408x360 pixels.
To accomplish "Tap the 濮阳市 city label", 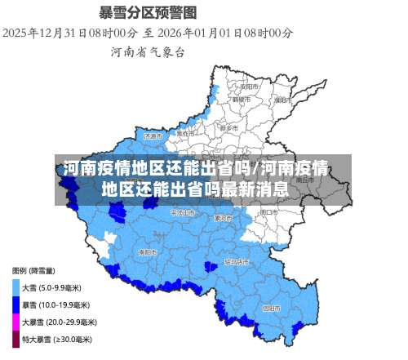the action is (x=282, y=100).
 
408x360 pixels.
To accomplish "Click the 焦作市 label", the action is (x=188, y=132).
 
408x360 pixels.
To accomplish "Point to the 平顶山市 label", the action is (x=181, y=212).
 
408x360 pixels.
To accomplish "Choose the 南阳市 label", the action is (x=148, y=252).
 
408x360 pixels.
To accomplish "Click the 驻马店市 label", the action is (x=236, y=262).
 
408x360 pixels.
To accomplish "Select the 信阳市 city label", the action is (x=271, y=309).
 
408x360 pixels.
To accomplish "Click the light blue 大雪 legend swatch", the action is (x=16, y=287).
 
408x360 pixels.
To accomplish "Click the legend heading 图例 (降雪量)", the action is (x=33, y=270).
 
